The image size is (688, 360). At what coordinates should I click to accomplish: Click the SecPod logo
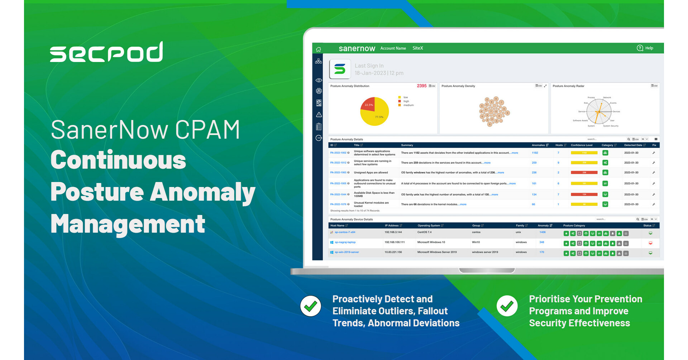pos(106,52)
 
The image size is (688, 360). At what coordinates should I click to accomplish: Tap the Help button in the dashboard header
pos(645,48)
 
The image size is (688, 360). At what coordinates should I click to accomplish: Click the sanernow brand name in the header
pos(357,48)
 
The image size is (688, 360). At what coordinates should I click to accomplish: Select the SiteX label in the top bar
pos(417,48)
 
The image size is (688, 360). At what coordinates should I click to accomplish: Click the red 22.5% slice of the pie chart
pos(369,104)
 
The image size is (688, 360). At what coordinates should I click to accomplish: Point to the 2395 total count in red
pos(421,86)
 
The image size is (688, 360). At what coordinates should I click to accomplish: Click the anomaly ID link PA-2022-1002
pos(338,153)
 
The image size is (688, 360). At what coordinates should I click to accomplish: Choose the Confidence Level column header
pos(581,145)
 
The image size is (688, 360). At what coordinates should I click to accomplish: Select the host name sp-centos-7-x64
pos(345,232)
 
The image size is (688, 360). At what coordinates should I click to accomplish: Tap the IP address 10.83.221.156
pos(393,252)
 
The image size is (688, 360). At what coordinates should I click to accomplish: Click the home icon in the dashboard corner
pos(318,49)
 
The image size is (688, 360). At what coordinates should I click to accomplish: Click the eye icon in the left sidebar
pos(319,80)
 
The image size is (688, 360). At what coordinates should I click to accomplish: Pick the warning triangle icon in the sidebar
pos(319,115)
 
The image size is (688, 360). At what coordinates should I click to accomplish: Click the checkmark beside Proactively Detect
pos(310,306)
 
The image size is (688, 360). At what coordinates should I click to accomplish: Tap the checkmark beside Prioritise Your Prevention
pos(507,306)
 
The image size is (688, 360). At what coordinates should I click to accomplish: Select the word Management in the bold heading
pos(128,224)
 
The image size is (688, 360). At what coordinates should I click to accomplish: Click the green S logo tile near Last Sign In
pos(339,69)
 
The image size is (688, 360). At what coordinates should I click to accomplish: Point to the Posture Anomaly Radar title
pos(568,86)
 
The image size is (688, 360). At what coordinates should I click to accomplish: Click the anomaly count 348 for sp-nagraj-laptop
pos(541,242)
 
